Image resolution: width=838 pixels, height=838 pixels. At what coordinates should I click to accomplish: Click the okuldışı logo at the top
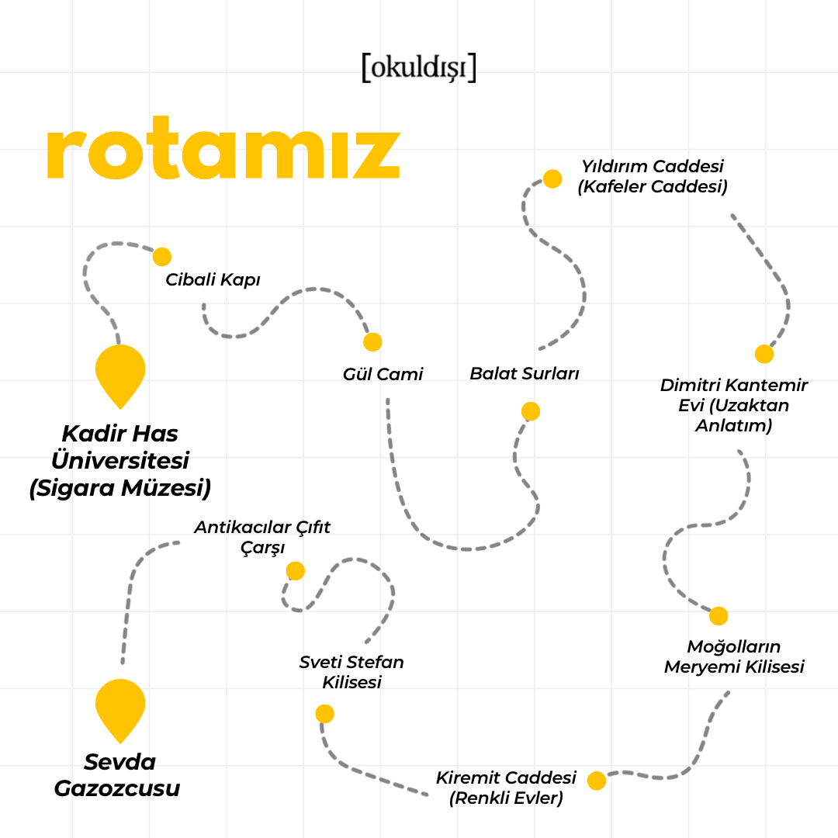[x=418, y=68]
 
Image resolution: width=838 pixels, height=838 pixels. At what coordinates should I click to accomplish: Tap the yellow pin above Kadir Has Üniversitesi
[x=120, y=373]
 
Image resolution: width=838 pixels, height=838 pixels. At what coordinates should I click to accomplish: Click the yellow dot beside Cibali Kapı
[x=161, y=257]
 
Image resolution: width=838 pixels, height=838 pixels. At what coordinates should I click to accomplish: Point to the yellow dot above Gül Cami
[x=372, y=342]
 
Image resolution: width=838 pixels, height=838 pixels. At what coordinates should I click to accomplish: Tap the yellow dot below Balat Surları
[x=531, y=411]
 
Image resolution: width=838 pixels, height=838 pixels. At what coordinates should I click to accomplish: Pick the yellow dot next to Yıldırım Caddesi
[x=552, y=179]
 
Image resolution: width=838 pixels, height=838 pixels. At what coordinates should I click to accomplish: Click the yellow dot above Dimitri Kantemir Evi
[x=764, y=354]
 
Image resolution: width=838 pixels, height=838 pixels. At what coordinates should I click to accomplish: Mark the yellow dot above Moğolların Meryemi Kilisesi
[x=719, y=616]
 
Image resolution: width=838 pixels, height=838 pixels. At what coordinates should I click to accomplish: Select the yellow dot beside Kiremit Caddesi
[x=597, y=781]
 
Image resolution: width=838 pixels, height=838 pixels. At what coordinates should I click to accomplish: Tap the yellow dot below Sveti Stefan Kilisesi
[x=325, y=714]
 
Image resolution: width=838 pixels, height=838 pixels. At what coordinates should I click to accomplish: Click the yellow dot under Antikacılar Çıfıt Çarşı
[x=296, y=571]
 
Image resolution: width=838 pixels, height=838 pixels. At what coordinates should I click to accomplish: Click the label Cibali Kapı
[x=213, y=280]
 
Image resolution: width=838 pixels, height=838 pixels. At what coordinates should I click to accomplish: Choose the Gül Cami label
[x=383, y=375]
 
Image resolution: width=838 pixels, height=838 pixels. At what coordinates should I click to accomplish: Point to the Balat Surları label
[x=525, y=374]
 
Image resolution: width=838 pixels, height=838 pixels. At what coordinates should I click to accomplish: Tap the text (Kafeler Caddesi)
[x=653, y=187]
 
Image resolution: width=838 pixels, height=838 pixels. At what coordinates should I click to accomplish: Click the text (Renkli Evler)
[x=506, y=798]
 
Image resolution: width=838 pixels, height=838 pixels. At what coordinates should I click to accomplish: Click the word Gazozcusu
[x=117, y=789]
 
